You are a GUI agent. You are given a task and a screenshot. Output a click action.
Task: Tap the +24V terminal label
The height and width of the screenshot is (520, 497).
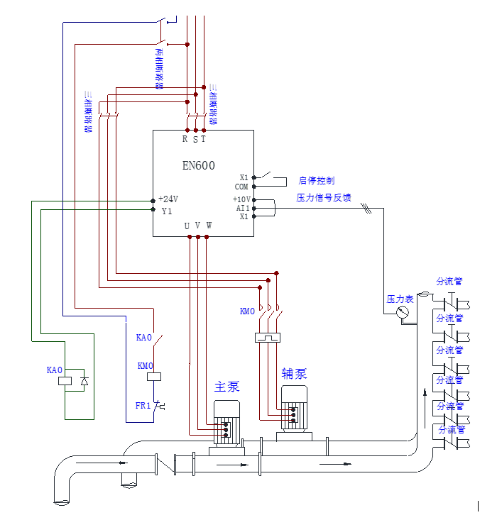(168, 199)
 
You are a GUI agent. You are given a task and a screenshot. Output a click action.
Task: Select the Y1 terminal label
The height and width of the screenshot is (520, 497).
(167, 211)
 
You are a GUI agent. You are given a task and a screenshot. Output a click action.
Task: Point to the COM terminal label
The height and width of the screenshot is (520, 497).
(242, 187)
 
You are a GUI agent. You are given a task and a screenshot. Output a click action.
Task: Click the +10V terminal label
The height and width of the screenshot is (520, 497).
(241, 199)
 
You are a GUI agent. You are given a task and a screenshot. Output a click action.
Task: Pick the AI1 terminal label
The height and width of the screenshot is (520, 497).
(243, 208)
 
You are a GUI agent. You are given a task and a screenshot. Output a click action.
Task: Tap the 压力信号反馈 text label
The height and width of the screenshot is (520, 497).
(324, 198)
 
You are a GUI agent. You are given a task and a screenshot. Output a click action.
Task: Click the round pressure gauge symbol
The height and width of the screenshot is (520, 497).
(403, 312)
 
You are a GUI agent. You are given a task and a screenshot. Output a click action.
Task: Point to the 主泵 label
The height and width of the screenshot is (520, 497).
(227, 387)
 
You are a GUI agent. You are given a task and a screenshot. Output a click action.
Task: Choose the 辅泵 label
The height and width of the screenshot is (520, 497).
(293, 373)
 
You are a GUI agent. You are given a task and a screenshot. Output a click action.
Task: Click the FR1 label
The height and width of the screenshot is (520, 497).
(143, 406)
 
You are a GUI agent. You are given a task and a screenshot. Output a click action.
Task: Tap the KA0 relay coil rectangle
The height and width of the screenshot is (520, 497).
(65, 381)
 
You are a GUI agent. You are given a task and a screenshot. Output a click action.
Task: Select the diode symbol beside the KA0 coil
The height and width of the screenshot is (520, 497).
(85, 381)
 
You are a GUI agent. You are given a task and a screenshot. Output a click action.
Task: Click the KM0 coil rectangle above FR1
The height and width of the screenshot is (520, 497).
(154, 377)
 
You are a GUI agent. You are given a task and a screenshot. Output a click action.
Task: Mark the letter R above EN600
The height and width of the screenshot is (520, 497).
(185, 139)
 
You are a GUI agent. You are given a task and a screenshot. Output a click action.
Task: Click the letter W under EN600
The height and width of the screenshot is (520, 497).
(209, 226)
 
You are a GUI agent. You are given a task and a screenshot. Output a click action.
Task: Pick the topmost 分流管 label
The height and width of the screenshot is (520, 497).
(449, 282)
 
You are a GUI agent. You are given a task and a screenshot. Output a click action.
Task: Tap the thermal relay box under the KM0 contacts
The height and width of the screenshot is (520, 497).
(268, 338)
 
